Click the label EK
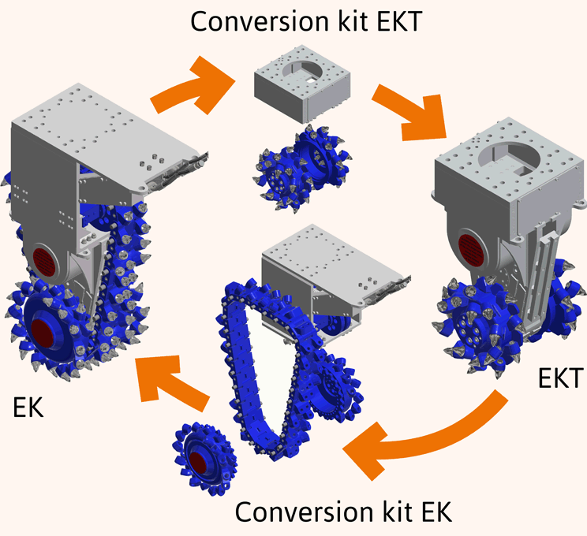tap(29, 408)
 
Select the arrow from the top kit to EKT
tap(406, 106)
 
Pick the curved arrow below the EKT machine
tap(442, 441)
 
